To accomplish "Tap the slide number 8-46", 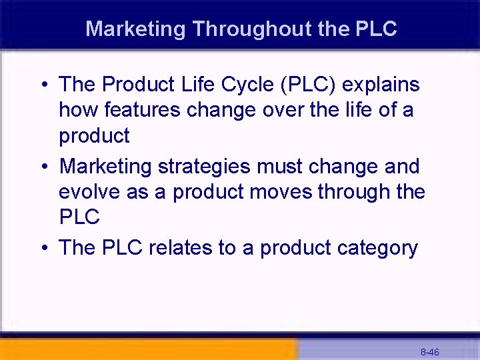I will click(429, 352).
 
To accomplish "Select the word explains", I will click(383, 85).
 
